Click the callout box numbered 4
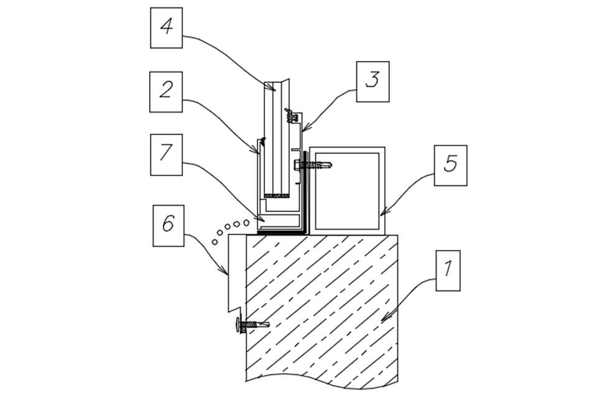(167, 28)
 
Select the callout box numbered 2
(166, 92)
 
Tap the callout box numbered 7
(167, 155)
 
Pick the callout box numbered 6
(169, 226)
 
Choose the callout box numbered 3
(373, 81)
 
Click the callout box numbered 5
(451, 165)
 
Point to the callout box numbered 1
(448, 271)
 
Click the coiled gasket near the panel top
(291, 115)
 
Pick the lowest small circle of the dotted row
(215, 241)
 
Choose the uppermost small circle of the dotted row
(246, 222)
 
